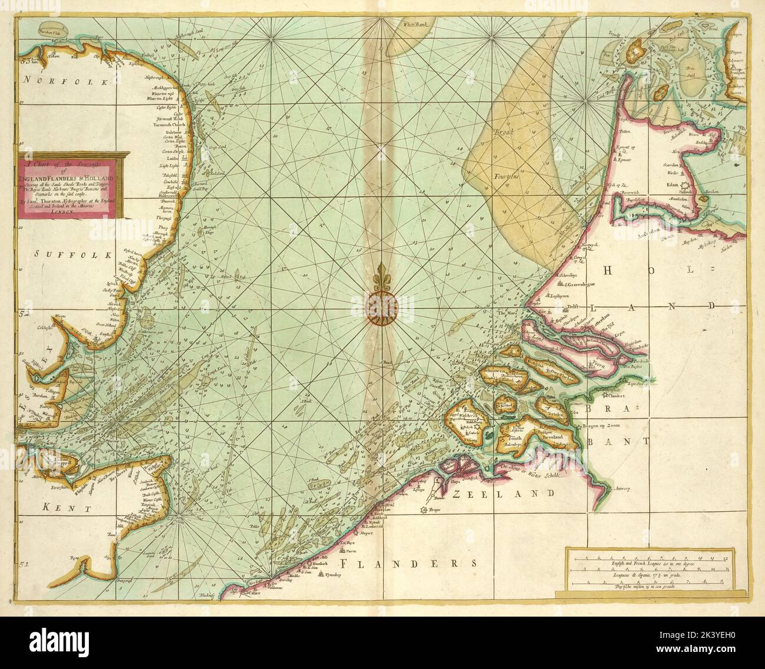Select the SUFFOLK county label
tap(73, 254)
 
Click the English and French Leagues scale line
tap(644, 559)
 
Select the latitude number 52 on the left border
tap(24, 314)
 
